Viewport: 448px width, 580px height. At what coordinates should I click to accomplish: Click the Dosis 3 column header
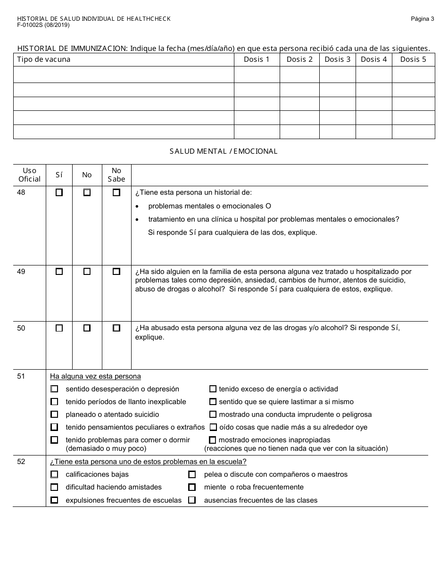point(338,59)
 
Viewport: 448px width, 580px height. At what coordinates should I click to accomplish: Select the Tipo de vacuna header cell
point(43,59)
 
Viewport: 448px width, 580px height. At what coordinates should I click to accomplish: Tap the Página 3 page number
point(422,19)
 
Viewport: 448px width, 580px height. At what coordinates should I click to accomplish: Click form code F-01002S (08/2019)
point(43,25)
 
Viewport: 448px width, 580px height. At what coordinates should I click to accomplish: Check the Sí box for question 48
point(59,192)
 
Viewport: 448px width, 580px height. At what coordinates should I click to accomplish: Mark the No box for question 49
point(87,272)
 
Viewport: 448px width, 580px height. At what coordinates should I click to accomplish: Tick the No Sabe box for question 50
point(116,328)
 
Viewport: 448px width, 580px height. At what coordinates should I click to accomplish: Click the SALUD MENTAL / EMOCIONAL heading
point(224,151)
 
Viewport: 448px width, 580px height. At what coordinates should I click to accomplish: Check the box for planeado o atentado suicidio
point(55,414)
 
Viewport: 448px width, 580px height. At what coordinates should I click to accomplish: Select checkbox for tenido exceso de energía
point(213,389)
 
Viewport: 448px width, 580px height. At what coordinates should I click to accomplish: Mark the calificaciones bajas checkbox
point(55,474)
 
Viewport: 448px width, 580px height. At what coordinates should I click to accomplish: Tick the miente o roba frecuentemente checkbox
point(192,487)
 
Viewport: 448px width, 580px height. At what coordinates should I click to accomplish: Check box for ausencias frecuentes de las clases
point(192,500)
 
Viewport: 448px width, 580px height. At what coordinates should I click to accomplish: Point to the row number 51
point(21,376)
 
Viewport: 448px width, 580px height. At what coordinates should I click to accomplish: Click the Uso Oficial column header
point(29,174)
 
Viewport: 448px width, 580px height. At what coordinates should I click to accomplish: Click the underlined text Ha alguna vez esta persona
point(95,376)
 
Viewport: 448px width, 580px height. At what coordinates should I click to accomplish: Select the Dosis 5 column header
point(413,59)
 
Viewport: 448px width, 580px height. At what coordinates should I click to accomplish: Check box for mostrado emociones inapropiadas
point(213,440)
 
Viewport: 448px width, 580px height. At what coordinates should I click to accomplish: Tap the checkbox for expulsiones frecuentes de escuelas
point(55,500)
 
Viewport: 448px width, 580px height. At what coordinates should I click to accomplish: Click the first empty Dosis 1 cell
point(257,75)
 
